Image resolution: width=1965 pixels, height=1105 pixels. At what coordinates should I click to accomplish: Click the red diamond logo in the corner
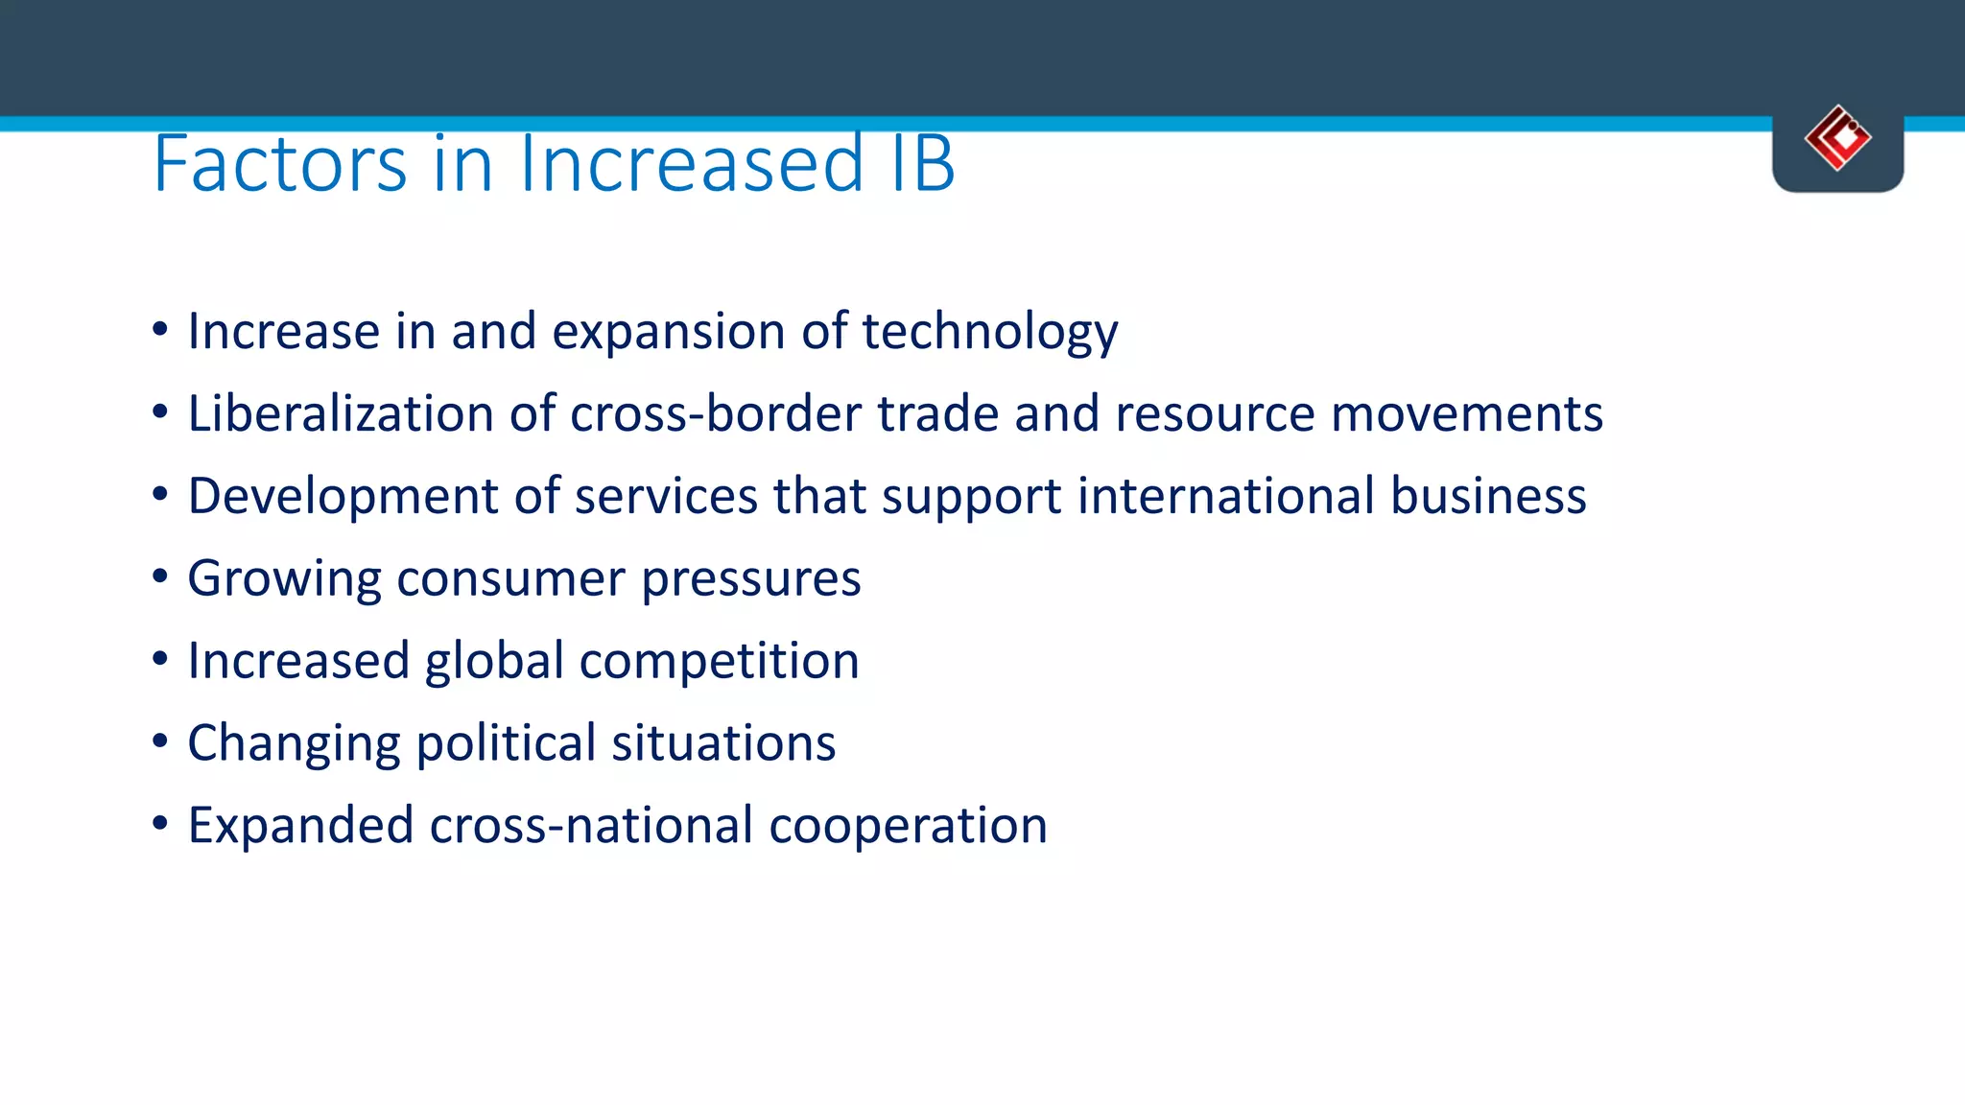tap(1837, 138)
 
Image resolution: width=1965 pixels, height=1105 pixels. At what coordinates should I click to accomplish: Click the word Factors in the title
tap(280, 164)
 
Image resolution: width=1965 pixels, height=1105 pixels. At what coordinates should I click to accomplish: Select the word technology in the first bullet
tap(989, 332)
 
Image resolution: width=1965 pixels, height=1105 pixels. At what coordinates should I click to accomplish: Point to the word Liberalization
tap(341, 413)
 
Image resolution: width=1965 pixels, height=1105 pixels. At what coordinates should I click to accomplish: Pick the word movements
tap(1467, 413)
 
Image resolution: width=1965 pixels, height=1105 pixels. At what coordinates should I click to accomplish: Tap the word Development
tap(343, 497)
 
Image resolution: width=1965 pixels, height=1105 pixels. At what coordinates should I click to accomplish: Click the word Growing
tap(284, 579)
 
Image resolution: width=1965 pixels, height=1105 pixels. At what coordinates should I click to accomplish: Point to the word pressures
tap(750, 579)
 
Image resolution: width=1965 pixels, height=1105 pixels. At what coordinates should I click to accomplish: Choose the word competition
tap(719, 661)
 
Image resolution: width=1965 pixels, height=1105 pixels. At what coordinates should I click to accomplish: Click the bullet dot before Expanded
tap(160, 824)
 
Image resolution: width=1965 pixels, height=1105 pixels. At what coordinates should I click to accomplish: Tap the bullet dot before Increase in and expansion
tap(160, 330)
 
